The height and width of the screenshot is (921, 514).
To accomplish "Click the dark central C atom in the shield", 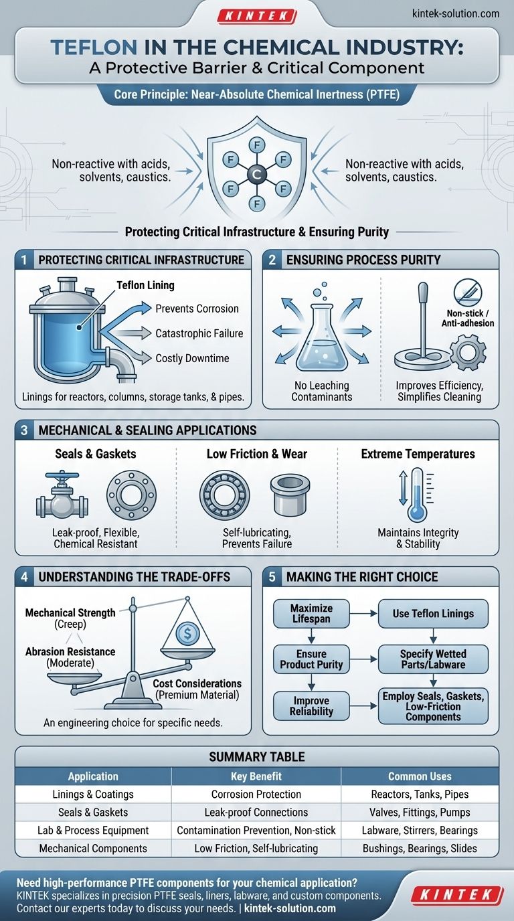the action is point(256,174).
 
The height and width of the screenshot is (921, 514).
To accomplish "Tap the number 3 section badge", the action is point(24,430).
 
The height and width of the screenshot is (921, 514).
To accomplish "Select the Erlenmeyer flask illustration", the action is point(321,337).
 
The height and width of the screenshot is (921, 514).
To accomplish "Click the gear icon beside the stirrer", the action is point(468,352).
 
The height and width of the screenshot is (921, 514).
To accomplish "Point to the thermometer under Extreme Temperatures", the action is point(418,495).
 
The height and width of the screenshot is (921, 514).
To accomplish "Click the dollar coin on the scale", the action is point(187,633).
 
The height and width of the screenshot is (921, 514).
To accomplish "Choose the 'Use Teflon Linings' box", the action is point(433,614).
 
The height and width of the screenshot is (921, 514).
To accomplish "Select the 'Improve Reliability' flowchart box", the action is point(311,706).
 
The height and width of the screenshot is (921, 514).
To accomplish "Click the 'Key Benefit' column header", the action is point(256,776).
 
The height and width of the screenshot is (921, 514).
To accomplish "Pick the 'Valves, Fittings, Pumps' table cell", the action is point(420,812).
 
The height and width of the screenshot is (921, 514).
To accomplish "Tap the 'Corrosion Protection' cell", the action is point(256,794).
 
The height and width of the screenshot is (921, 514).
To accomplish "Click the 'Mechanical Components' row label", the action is point(93,848).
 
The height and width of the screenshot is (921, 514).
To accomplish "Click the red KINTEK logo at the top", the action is point(256,17).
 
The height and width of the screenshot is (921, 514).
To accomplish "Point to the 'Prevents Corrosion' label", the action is point(197,309).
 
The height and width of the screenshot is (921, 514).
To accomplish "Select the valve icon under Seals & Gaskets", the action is point(62,494).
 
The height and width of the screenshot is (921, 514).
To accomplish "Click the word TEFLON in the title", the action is point(94,48).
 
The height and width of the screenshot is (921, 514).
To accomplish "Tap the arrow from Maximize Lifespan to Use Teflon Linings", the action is point(363,614).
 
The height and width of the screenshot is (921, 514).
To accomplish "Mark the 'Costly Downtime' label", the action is point(192,358).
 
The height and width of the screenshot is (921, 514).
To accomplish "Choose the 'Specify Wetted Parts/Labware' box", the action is point(433,659).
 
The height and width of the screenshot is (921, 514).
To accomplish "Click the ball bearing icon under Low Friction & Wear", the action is point(224,495).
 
